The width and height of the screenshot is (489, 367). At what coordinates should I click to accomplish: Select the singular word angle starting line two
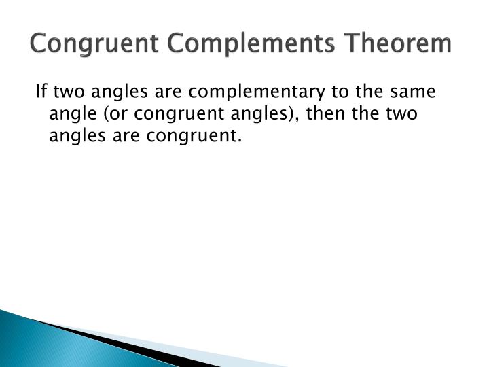point(70,113)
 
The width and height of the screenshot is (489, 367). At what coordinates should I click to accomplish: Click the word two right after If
point(68,91)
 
